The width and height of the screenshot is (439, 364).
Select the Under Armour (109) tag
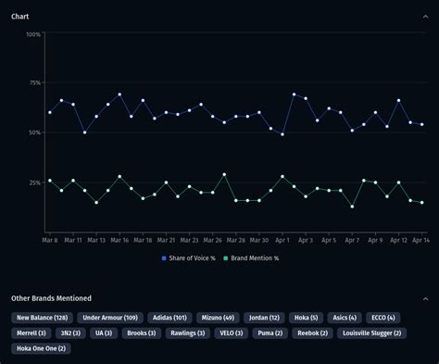pyautogui.click(x=111, y=318)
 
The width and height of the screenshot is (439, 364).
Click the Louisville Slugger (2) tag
pyautogui.click(x=370, y=333)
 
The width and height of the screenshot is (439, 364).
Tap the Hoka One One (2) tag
pyautogui.click(x=41, y=347)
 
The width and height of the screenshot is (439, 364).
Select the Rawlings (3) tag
pyautogui.click(x=186, y=333)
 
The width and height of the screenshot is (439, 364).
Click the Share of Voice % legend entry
pyautogui.click(x=192, y=257)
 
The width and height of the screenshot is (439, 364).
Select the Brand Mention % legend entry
pyautogui.click(x=253, y=257)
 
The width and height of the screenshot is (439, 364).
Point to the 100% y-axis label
pyautogui.click(x=32, y=34)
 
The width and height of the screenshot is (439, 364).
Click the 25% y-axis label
pyautogui.click(x=34, y=182)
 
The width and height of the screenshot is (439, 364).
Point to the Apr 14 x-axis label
pyautogui.click(x=420, y=240)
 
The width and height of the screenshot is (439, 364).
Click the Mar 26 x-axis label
pyautogui.click(x=212, y=240)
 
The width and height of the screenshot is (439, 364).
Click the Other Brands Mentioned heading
pyautogui.click(x=51, y=298)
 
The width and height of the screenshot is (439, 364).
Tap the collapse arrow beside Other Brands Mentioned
pyautogui.click(x=424, y=298)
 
